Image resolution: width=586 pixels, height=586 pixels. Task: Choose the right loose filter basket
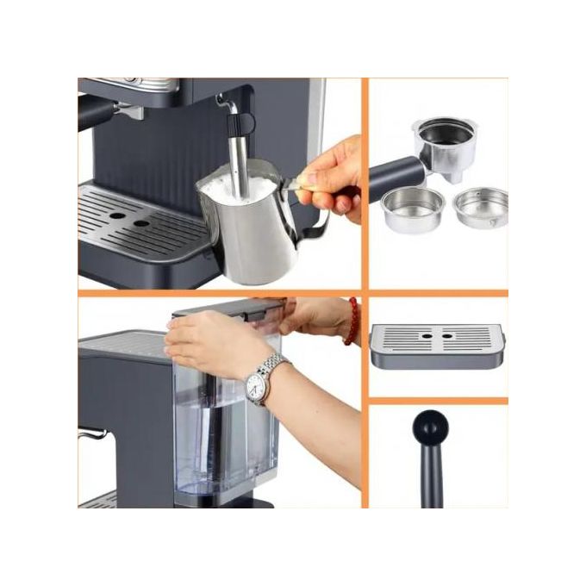(480, 207)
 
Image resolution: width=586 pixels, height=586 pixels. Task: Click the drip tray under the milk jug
(138, 223)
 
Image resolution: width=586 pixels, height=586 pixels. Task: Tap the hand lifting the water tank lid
(215, 340)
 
